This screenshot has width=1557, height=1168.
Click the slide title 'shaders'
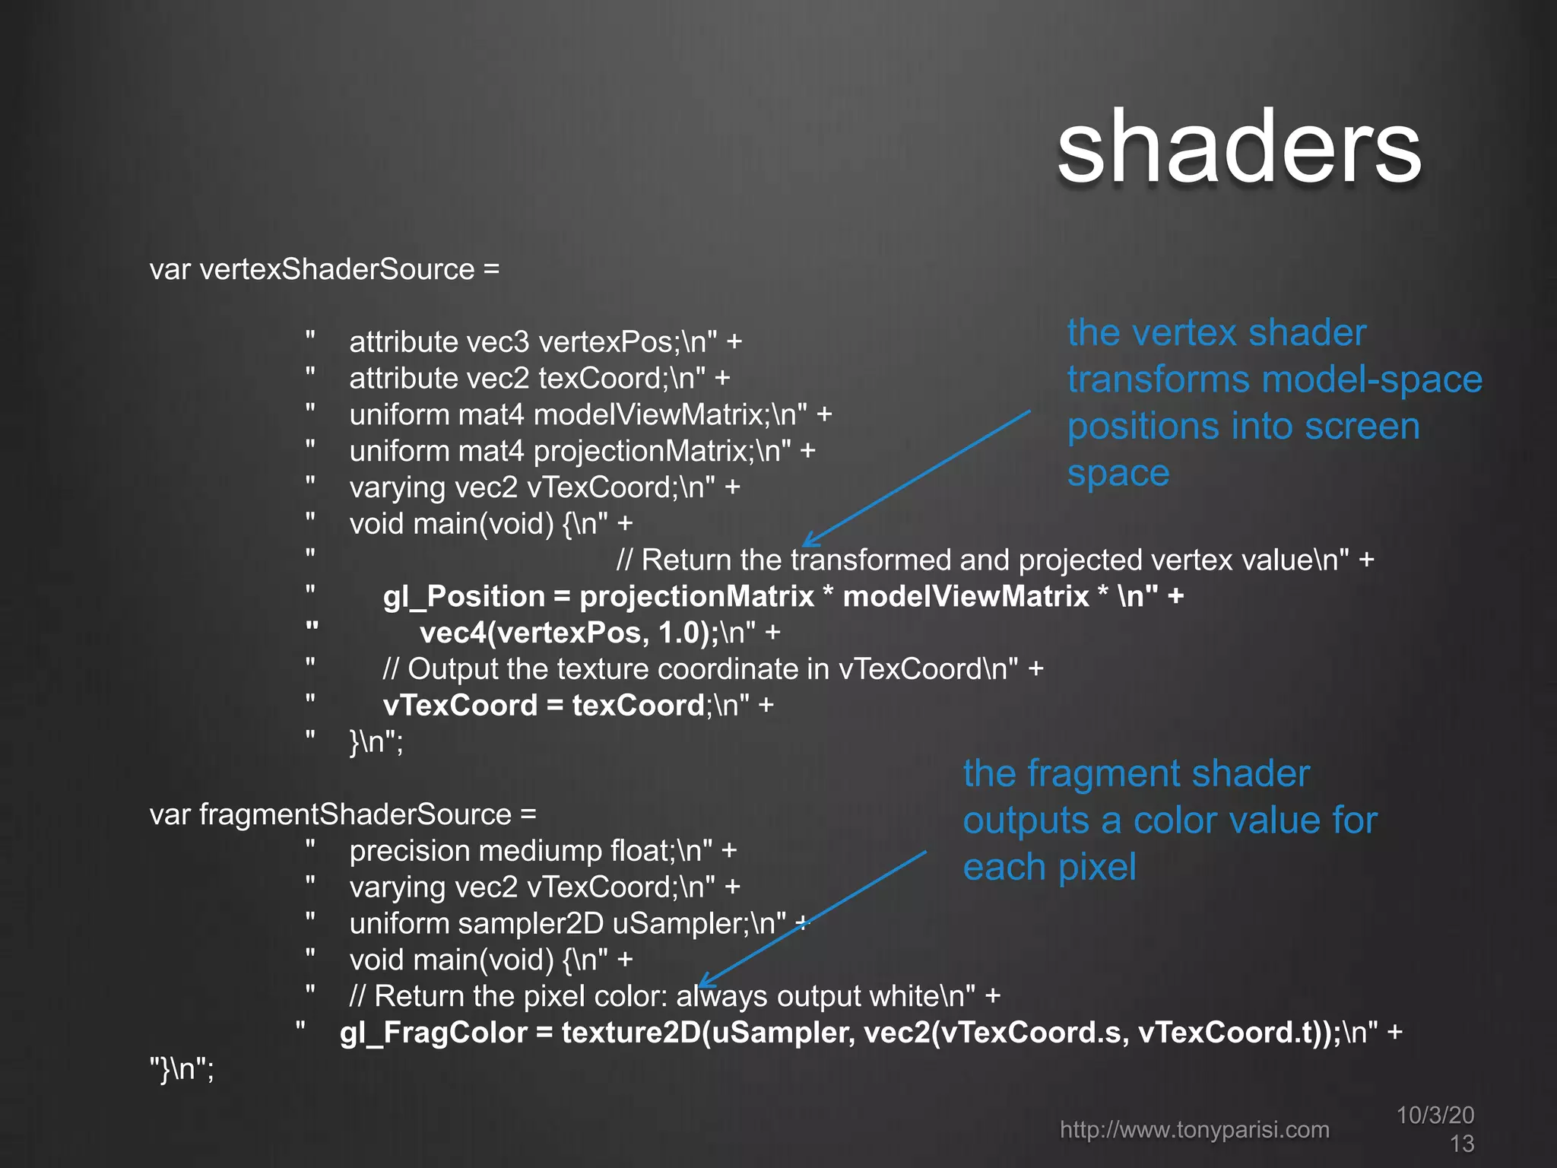[x=1238, y=147]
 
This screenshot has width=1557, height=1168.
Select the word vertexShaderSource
[x=337, y=269]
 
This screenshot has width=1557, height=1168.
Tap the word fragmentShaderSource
[x=355, y=814]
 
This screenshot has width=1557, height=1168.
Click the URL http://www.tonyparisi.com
[x=1194, y=1129]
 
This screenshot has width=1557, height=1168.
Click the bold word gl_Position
[x=464, y=596]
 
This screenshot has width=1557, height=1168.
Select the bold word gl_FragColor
[x=433, y=1033]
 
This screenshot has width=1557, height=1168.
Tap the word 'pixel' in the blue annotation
[x=1097, y=867]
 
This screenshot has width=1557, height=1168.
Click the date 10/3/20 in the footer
[x=1435, y=1115]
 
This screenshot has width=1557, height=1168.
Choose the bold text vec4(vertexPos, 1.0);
[x=569, y=633]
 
